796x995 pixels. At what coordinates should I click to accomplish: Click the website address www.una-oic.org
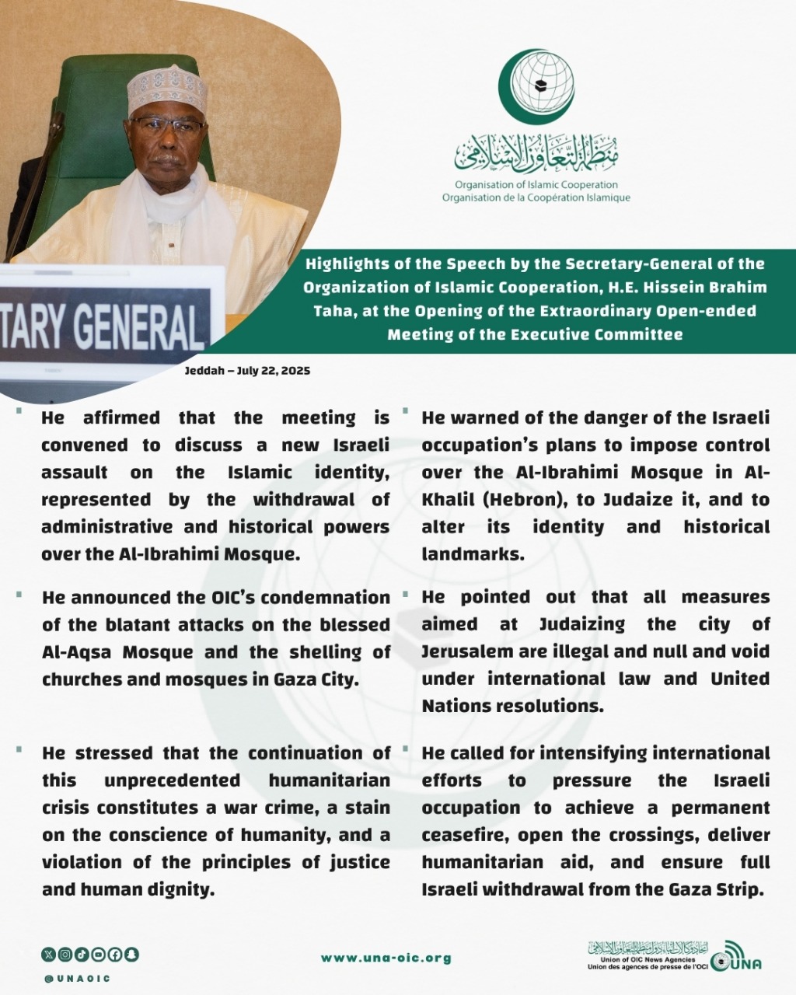[386, 958]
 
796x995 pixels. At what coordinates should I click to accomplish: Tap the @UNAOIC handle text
[77, 978]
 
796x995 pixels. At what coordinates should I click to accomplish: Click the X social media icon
[49, 954]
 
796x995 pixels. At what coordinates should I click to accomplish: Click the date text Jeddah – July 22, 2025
[247, 371]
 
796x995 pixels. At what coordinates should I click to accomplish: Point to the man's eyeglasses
[166, 125]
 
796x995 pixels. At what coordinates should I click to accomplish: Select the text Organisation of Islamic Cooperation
[536, 185]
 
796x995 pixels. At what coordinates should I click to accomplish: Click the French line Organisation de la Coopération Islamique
[536, 197]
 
